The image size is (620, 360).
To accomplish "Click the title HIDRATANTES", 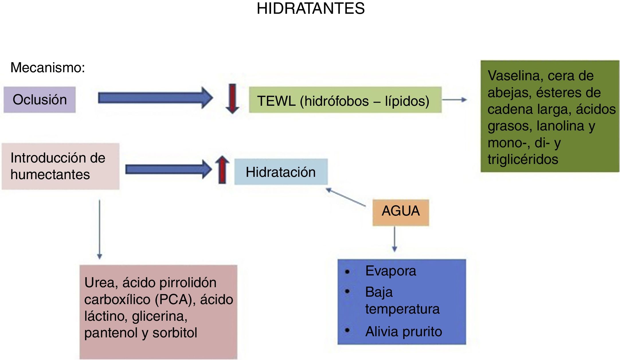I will [310, 9].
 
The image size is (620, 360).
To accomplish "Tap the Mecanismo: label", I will [48, 68].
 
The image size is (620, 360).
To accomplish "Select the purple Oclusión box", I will [40, 99].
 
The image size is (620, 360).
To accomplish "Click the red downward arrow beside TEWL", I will [232, 99].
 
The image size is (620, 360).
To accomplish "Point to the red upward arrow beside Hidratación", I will [222, 170].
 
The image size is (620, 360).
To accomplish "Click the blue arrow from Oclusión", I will [155, 98].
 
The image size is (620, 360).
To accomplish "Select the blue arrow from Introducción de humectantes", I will [168, 169].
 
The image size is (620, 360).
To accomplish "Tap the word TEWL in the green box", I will [276, 101].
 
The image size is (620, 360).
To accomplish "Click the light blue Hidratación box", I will [281, 172].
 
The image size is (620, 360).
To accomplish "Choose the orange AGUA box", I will [400, 211].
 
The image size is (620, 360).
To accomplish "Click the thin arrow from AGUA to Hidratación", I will [346, 197].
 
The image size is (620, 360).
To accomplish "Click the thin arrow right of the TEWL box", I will [454, 100].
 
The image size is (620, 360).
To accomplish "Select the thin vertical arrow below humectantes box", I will [99, 229].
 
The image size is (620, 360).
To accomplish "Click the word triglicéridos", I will [523, 159].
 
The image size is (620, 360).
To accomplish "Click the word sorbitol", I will [175, 333].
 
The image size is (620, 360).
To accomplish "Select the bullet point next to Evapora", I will [347, 271].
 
